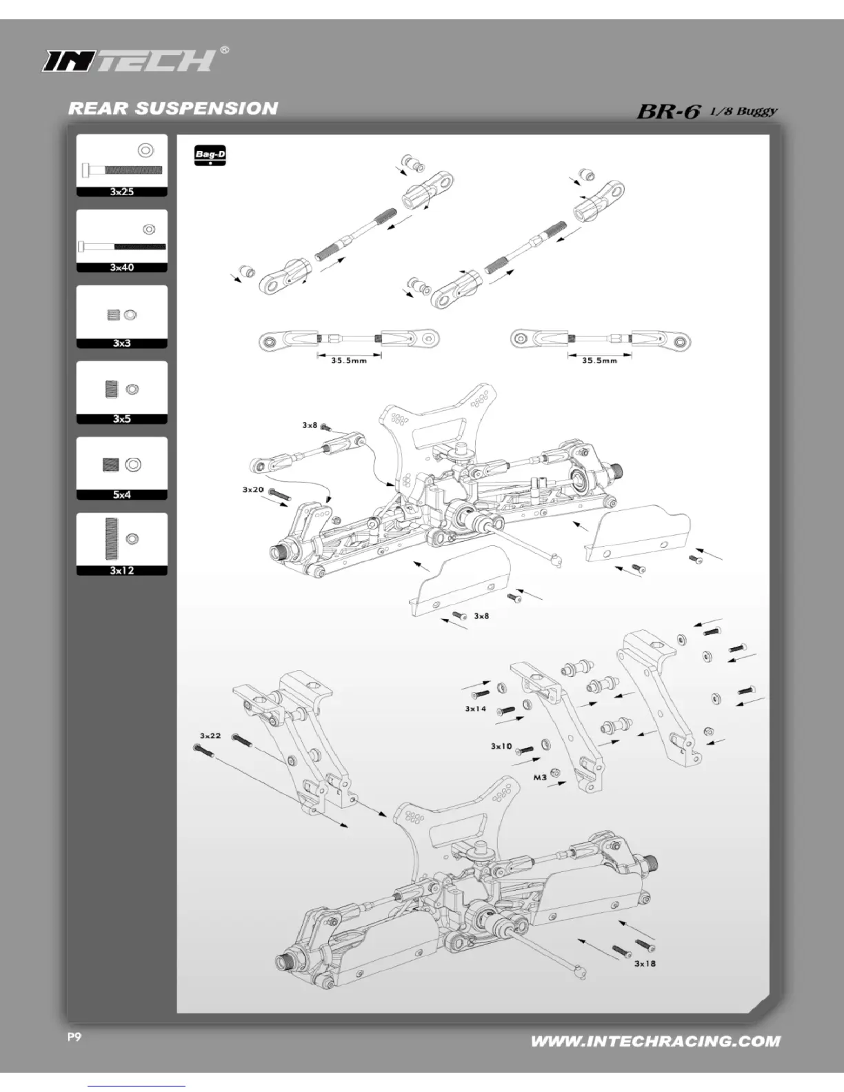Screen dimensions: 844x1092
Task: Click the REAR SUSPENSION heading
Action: (x=173, y=109)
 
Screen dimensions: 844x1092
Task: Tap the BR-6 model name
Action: (x=668, y=111)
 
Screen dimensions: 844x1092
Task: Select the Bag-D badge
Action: (x=210, y=156)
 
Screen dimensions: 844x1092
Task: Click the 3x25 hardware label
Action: (x=122, y=192)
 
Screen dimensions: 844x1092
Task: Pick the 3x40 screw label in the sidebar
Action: (x=122, y=267)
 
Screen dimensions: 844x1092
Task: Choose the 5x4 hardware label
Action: (x=122, y=495)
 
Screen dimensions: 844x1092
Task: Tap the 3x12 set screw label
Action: (x=122, y=571)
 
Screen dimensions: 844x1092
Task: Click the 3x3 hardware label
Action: (x=122, y=343)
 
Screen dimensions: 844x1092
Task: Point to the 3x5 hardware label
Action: (x=122, y=419)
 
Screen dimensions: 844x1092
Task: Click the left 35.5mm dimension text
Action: (x=348, y=361)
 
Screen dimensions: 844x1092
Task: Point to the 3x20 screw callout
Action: (x=253, y=489)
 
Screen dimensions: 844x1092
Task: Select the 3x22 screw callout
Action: (x=210, y=736)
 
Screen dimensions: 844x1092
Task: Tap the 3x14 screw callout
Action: (x=476, y=709)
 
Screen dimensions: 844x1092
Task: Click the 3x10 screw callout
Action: (x=501, y=747)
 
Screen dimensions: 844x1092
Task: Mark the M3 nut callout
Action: (x=540, y=778)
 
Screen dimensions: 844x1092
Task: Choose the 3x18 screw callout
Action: (x=645, y=964)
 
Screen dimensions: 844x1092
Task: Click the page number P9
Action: (x=74, y=1038)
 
